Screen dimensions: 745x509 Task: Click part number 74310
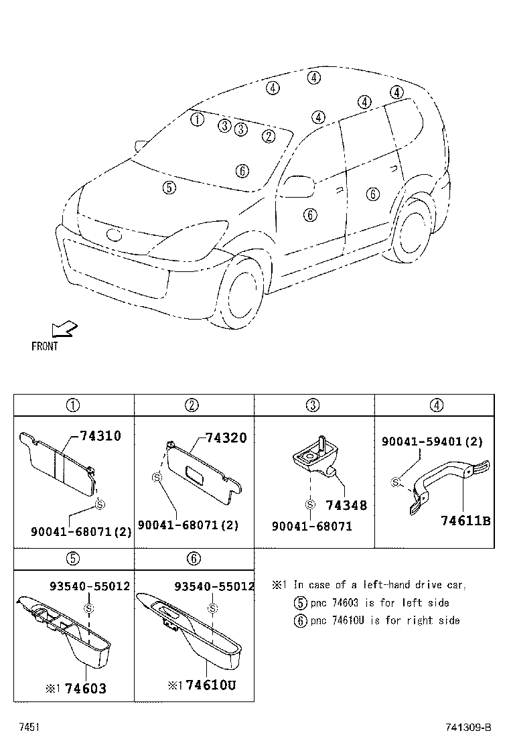tap(100, 436)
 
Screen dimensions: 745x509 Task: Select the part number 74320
tap(226, 438)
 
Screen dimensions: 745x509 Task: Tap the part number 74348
tap(346, 506)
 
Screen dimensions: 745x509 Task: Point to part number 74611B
tap(466, 521)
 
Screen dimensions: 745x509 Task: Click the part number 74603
tap(85, 688)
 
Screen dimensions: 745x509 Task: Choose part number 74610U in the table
tap(210, 685)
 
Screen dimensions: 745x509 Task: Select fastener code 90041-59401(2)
tap(432, 442)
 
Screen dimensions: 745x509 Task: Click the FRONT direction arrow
tap(64, 329)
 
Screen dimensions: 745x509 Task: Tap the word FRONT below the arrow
tap(45, 346)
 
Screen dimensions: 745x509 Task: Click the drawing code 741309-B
tap(469, 728)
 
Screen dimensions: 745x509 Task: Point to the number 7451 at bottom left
tap(28, 727)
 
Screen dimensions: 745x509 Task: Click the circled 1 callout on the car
tap(197, 120)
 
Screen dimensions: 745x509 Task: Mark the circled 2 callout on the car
tap(269, 136)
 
